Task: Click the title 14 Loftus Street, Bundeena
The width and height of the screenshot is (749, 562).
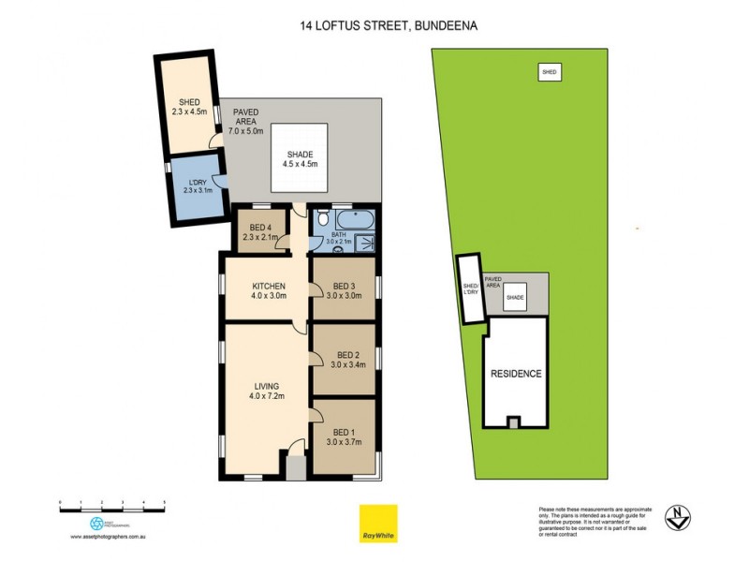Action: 374,26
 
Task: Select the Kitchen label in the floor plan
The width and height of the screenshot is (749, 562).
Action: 267,291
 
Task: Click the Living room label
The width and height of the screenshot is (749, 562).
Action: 267,391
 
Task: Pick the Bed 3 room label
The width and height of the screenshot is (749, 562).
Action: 344,291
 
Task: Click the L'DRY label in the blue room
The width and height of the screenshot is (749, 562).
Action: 198,186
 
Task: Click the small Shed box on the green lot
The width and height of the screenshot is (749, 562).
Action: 550,71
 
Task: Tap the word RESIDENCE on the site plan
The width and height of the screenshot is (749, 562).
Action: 516,374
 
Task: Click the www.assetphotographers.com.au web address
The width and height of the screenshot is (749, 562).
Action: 110,537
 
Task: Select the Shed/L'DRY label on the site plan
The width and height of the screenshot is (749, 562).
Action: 470,290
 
